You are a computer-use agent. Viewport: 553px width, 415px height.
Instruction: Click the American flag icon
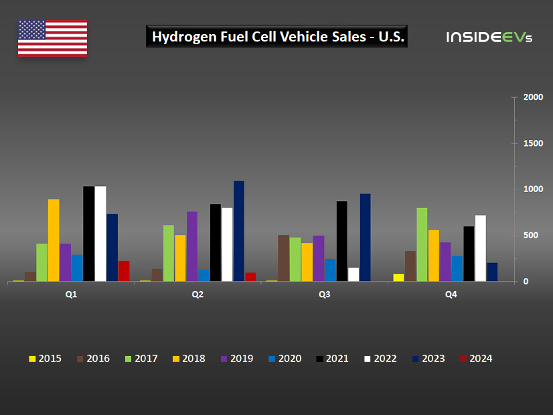52,38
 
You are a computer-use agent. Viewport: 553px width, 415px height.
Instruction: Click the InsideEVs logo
489,37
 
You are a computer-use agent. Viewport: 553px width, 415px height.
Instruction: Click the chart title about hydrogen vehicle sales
277,37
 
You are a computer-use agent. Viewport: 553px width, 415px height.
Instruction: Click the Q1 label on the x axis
71,295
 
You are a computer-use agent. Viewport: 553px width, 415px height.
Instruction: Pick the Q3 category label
325,295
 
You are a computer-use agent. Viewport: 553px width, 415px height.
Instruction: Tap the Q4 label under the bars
451,295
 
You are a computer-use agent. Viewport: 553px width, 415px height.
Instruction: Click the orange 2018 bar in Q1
54,240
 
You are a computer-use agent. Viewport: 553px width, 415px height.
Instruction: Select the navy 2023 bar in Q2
239,231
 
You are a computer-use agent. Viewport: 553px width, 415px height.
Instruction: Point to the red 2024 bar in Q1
124,271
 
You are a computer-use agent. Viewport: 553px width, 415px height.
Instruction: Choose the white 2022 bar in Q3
353,274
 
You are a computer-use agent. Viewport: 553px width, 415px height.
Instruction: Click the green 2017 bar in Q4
422,245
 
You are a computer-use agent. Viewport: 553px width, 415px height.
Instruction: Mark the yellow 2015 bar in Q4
398,277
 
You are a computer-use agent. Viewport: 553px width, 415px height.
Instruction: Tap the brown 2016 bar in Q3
283,258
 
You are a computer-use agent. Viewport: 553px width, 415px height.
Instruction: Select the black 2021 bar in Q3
341,241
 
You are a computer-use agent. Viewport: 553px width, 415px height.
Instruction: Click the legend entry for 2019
237,359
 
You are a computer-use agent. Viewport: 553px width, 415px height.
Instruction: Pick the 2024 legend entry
476,359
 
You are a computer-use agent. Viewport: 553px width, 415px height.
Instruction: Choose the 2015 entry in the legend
45,359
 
